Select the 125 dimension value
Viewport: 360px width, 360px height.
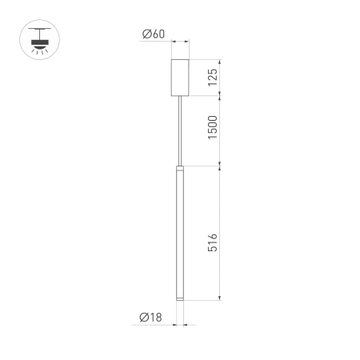(x=212, y=77)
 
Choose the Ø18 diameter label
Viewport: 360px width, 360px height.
(x=150, y=318)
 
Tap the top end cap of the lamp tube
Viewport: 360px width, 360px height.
(x=180, y=168)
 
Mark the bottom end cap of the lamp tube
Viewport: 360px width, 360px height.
(x=180, y=298)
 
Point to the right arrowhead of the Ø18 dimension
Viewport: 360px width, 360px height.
(x=186, y=325)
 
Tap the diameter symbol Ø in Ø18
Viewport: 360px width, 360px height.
(x=142, y=318)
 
